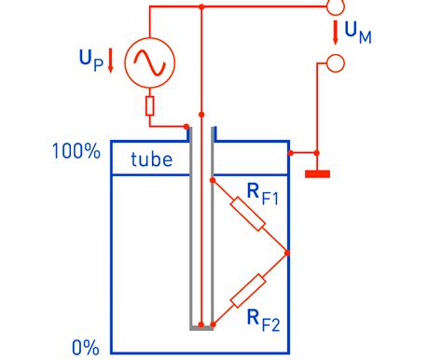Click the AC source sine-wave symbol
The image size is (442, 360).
click(150, 62)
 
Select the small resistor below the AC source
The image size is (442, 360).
click(149, 106)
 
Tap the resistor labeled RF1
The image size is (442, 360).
click(248, 214)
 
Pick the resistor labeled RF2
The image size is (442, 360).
click(248, 291)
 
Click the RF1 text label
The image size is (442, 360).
click(263, 194)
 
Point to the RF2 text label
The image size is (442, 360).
click(264, 321)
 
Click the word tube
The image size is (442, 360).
click(152, 159)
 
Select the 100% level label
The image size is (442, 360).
click(76, 151)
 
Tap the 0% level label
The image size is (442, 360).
click(86, 347)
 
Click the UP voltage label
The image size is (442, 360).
click(91, 61)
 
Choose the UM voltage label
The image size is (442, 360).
click(358, 34)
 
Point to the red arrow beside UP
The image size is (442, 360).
click(110, 61)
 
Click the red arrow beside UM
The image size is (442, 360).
click(336, 33)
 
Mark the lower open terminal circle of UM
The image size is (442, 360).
click(336, 63)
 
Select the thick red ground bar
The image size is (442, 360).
click(317, 174)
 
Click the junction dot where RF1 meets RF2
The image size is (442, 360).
click(287, 253)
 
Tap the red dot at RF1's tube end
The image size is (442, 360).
click(213, 180)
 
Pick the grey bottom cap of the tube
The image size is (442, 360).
click(201, 327)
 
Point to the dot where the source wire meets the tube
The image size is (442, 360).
click(186, 127)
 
